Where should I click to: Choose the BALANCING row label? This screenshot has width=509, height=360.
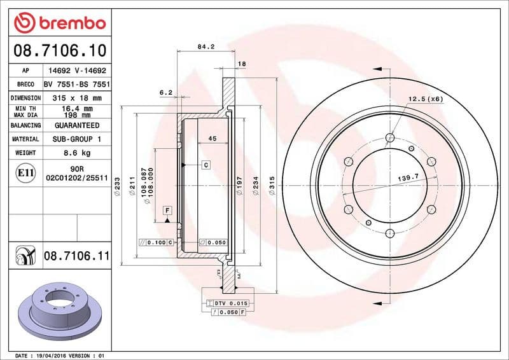25,125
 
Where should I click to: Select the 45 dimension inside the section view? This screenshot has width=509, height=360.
213,138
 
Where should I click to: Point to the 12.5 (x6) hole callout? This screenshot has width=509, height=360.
425,99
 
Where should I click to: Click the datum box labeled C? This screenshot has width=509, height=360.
206,165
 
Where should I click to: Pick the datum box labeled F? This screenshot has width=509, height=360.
167,210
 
